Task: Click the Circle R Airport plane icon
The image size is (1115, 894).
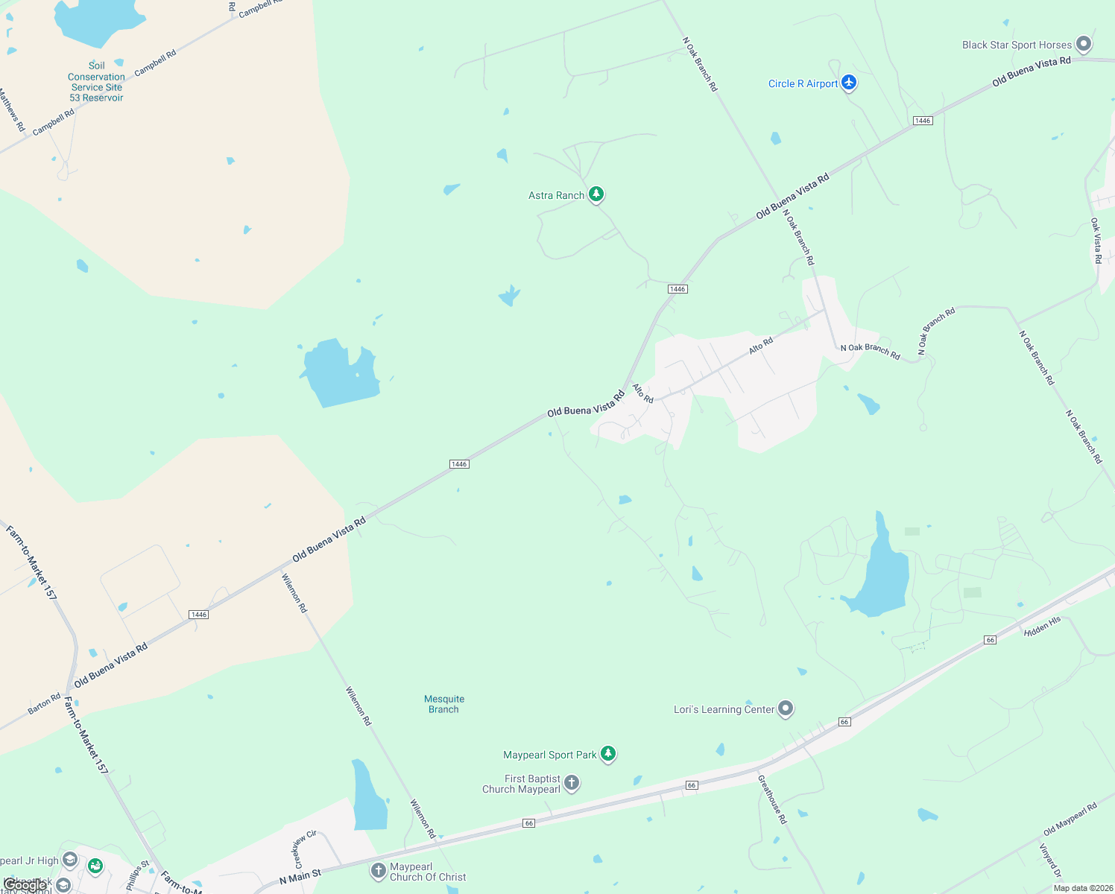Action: [849, 83]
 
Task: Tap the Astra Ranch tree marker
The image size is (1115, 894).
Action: [596, 194]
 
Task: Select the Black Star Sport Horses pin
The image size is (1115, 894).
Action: [1084, 45]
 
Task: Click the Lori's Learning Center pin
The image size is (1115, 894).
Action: [786, 708]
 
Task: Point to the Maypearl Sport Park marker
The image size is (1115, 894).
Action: [608, 754]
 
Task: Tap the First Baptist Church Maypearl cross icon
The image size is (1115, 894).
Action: [572, 783]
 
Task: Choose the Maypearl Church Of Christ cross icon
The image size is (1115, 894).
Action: [379, 870]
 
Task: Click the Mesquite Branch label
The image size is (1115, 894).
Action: [444, 704]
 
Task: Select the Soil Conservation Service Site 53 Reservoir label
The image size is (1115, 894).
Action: [96, 82]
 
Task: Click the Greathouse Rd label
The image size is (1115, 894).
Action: [772, 799]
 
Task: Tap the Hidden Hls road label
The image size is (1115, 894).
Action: [1042, 627]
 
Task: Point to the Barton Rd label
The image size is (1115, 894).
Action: [44, 704]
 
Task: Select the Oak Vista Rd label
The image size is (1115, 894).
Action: [1096, 240]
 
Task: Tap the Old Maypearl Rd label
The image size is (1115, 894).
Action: [1070, 819]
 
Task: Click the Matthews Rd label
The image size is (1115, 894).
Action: [12, 110]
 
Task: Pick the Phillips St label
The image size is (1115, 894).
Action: [138, 876]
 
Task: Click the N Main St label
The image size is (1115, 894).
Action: [300, 877]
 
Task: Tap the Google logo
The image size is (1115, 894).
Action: [25, 885]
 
